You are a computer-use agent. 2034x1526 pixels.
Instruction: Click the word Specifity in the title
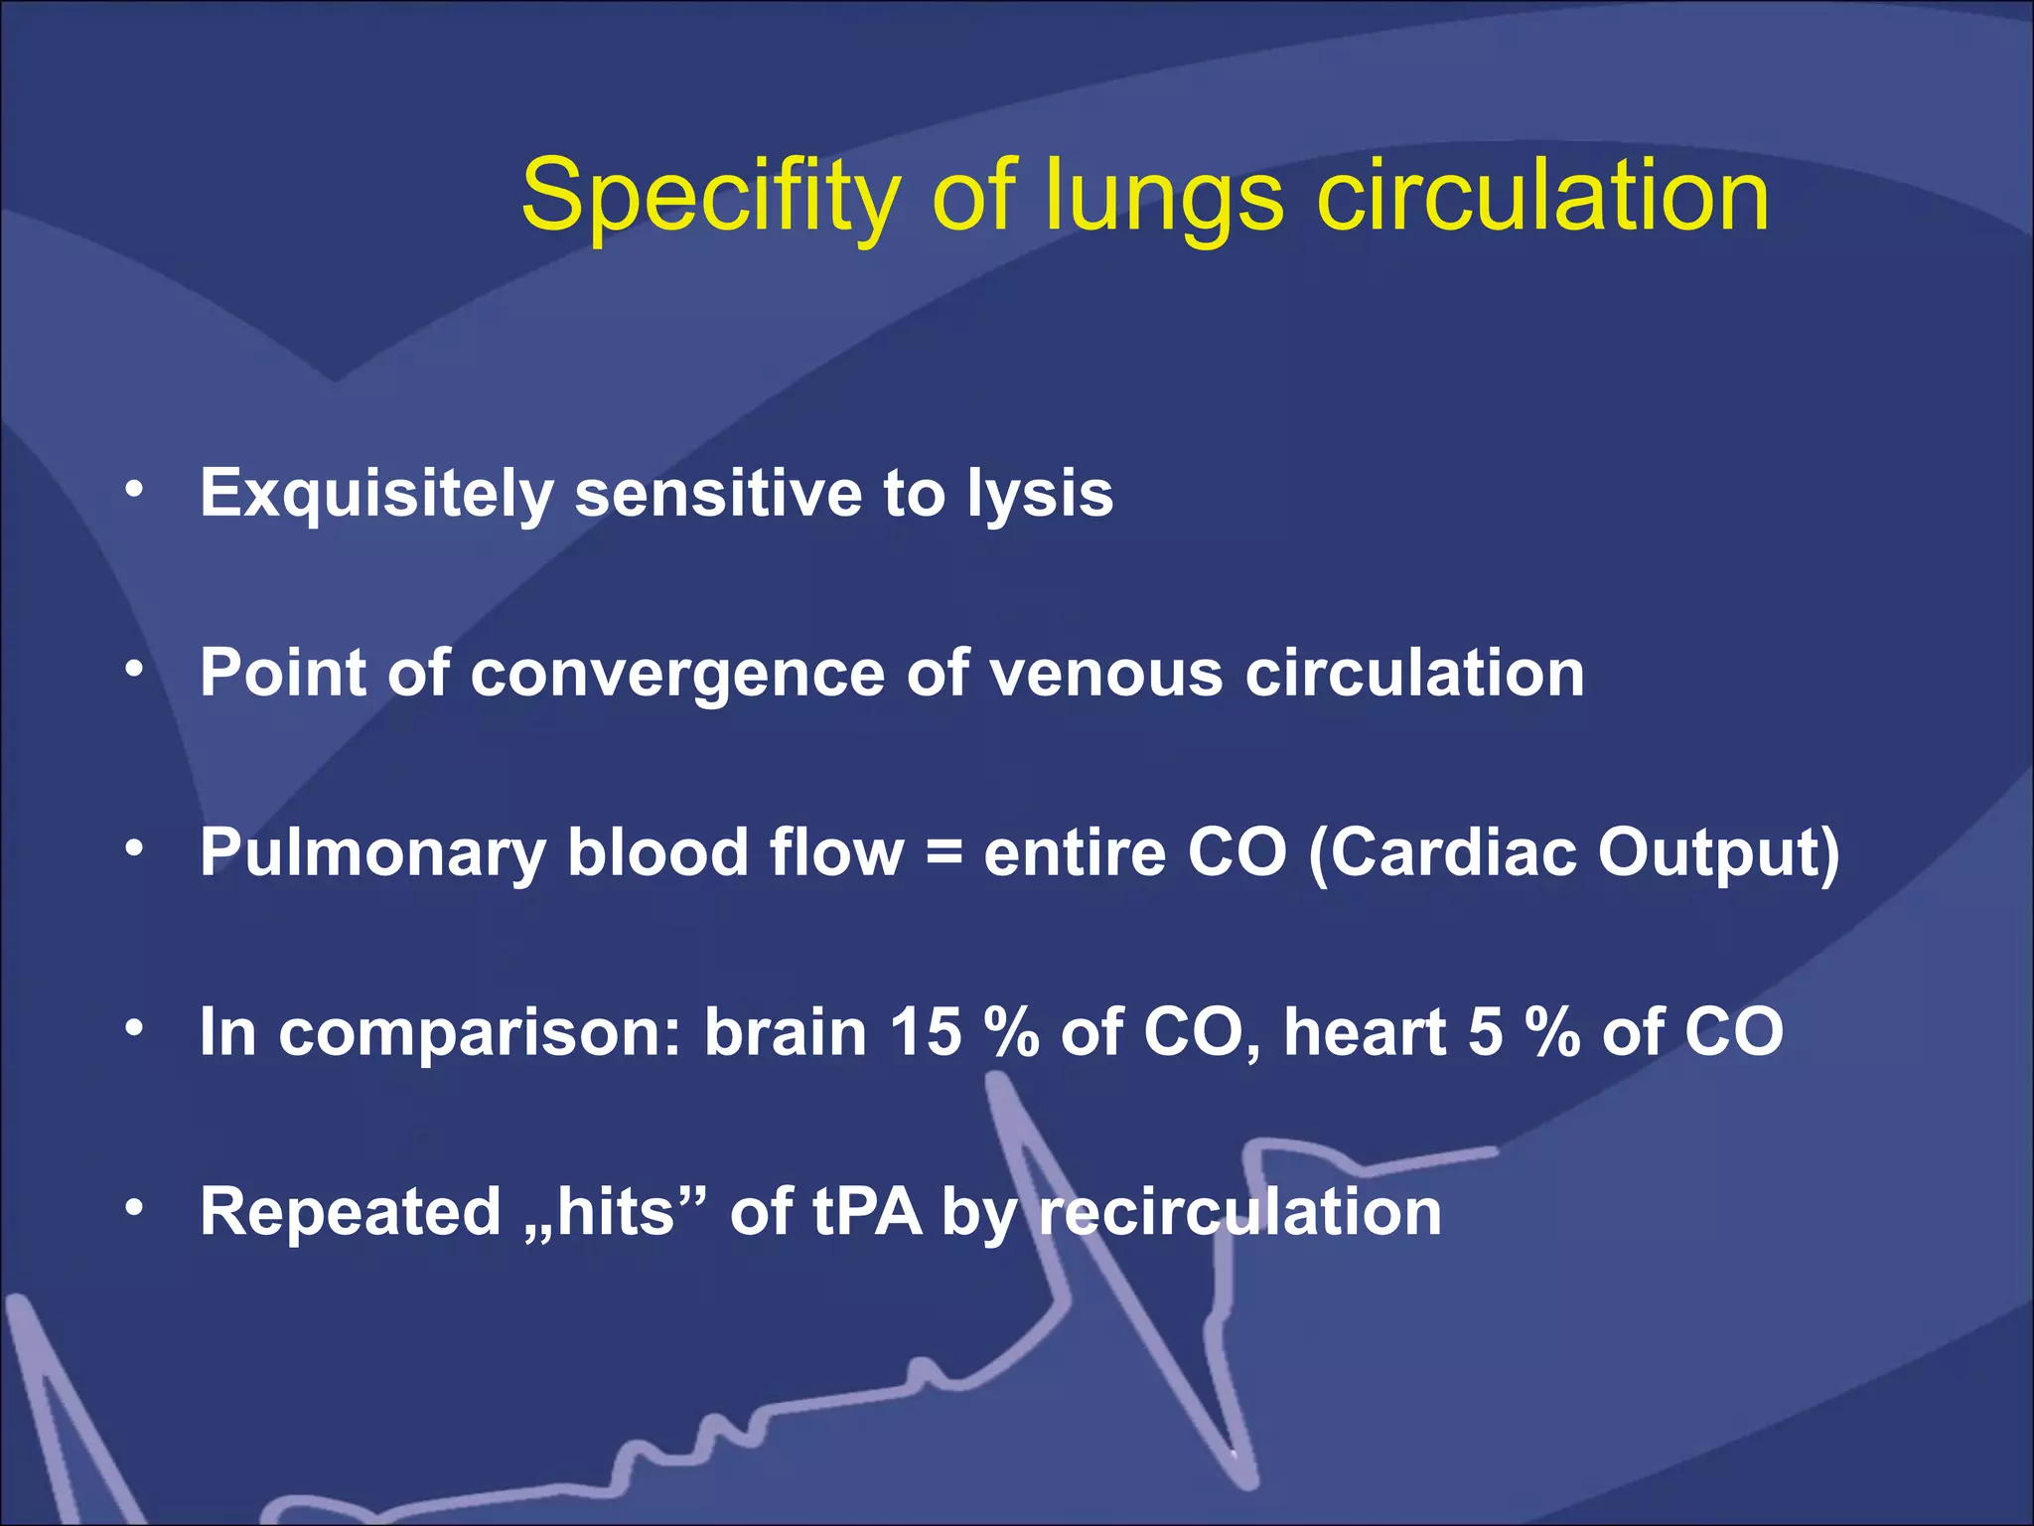711,196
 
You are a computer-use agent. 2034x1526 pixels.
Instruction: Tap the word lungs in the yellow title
1163,196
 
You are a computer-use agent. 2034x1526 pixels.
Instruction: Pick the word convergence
677,674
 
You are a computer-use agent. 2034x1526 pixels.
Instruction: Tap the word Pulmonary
372,853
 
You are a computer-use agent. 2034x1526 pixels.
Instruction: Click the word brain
786,1032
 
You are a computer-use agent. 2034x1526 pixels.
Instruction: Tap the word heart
1365,1032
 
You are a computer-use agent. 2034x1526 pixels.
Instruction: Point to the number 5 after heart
1485,1032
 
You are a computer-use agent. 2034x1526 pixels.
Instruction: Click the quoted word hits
615,1212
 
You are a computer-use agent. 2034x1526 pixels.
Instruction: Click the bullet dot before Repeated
135,1208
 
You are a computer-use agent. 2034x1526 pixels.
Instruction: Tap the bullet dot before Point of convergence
135,670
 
